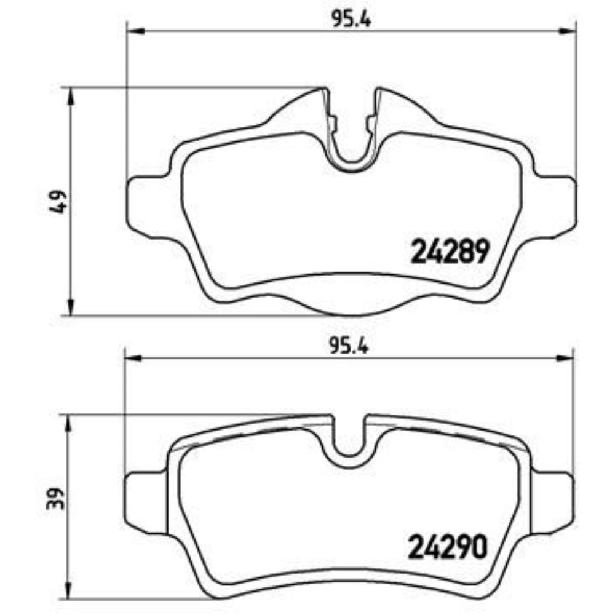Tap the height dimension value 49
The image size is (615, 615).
pos(60,202)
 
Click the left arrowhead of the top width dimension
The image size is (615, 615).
pos(135,30)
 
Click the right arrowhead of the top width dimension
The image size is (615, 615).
pos(567,30)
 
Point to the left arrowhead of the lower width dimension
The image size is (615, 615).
pos(133,358)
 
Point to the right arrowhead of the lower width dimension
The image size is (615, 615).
pos(565,358)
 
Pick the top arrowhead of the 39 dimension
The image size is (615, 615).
pos(69,424)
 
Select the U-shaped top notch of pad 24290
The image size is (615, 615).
pos(349,440)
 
